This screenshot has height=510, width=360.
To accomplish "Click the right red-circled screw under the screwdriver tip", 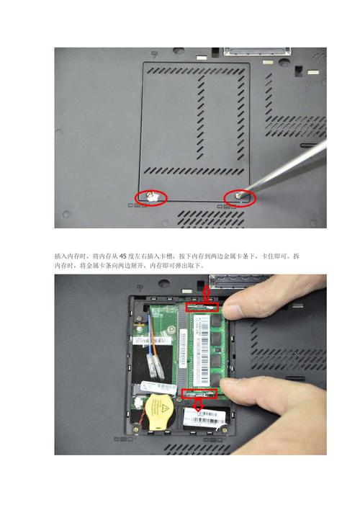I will coord(242,196).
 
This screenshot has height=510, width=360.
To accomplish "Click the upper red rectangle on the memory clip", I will coord(202,307).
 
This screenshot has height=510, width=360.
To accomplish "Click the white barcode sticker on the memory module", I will coord(185,349).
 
